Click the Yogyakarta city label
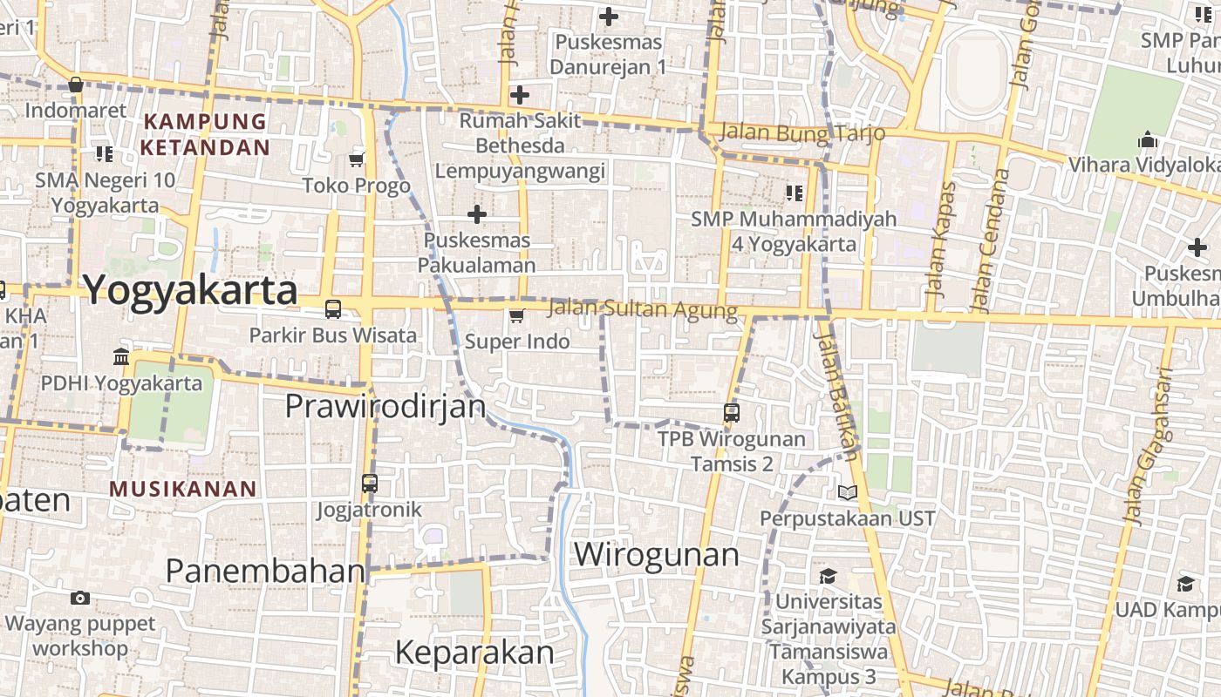(191, 290)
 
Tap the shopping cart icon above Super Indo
(517, 315)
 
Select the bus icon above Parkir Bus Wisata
(333, 308)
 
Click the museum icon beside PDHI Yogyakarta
(121, 357)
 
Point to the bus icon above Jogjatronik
(370, 484)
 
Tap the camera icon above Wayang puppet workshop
(80, 598)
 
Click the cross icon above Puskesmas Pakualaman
(477, 213)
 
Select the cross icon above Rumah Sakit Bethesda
(520, 95)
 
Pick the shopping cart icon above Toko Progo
(356, 159)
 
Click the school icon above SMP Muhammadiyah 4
(794, 193)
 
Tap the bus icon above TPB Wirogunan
(732, 413)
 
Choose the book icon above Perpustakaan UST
(848, 493)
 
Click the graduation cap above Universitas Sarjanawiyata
(828, 576)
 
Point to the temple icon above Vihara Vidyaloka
(1148, 139)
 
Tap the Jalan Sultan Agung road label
(643, 309)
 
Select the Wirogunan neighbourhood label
(656, 555)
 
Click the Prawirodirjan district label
(385, 406)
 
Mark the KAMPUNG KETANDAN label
(205, 134)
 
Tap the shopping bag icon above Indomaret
(76, 85)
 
